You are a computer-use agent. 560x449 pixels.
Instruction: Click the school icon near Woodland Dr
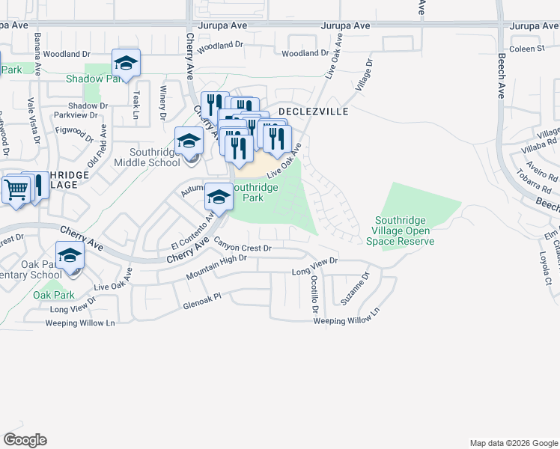click(x=126, y=64)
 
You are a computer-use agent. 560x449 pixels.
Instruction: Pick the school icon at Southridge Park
click(x=218, y=198)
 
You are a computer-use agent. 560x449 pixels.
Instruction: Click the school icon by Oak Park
click(x=70, y=257)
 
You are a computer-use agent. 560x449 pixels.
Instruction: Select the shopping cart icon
click(x=15, y=189)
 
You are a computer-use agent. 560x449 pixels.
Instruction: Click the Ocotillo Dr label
click(x=315, y=294)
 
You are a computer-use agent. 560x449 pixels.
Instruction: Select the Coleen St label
click(x=526, y=49)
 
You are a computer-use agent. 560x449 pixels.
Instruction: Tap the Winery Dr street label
click(x=162, y=103)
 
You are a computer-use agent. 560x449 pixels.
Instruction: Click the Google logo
click(x=25, y=440)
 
